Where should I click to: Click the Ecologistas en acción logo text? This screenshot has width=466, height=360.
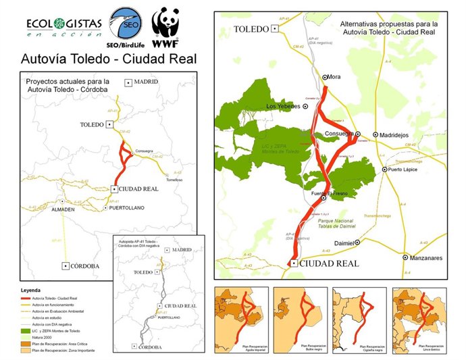coord(64,26)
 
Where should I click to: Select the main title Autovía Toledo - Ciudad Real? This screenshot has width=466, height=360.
coord(109,59)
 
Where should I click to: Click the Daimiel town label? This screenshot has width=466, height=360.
coord(344,242)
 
